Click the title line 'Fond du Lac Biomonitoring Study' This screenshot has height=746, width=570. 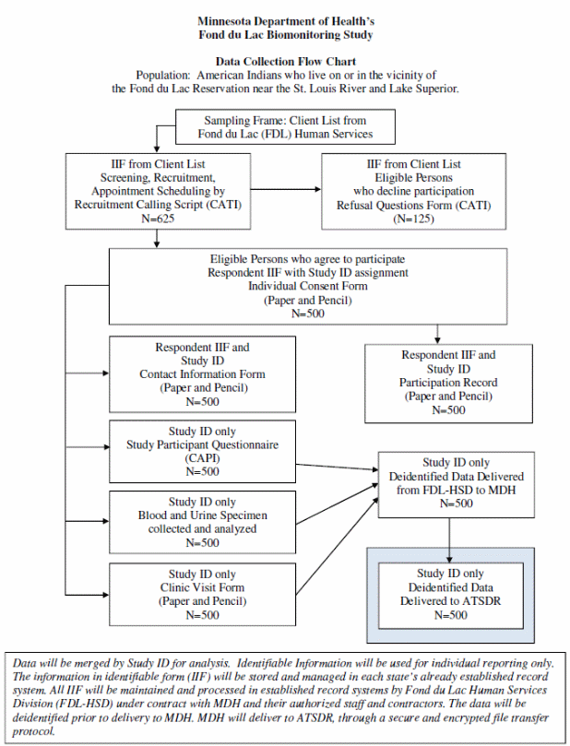point(285,35)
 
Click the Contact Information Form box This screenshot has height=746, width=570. point(202,373)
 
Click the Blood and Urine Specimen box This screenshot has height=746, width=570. point(202,523)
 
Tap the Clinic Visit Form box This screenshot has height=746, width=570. point(202,594)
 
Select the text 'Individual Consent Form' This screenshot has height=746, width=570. point(308,286)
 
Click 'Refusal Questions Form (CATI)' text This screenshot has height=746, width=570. point(413,204)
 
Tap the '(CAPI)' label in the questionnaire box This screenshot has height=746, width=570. point(202,458)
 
